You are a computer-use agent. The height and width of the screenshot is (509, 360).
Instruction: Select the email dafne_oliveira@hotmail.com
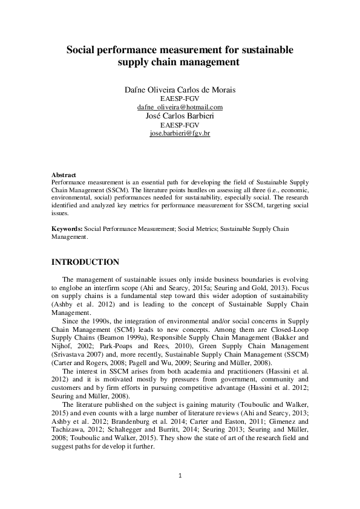tap(180, 107)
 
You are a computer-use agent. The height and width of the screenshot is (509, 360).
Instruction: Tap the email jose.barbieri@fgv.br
tap(180, 132)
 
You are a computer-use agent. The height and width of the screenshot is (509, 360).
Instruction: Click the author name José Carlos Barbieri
tap(180, 115)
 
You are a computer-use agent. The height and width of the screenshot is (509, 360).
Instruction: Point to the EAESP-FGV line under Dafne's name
tap(180, 99)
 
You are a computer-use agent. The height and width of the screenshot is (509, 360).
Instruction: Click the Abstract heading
tap(64, 175)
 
